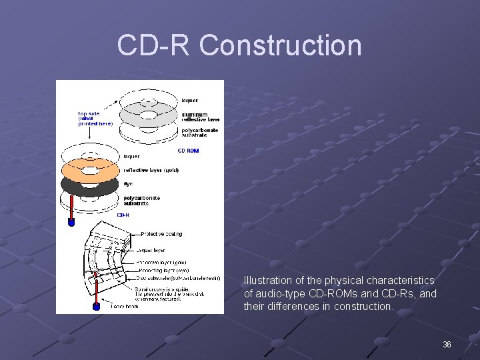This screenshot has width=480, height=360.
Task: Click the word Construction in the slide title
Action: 280,45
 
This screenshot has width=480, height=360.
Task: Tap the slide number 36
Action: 447,344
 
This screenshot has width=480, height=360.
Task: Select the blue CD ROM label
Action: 188,151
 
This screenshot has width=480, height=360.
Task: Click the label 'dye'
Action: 128,183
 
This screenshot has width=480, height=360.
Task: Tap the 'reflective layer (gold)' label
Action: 151,170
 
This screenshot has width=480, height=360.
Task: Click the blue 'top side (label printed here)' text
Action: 95,118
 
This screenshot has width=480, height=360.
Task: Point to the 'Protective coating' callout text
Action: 161,234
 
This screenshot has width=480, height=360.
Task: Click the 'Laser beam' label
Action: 124,306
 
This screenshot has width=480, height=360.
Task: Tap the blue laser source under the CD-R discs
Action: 71,223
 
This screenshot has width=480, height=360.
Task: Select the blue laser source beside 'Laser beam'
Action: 96,306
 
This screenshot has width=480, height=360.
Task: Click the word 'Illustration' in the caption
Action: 267,281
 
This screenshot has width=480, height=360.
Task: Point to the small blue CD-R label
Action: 123,215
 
